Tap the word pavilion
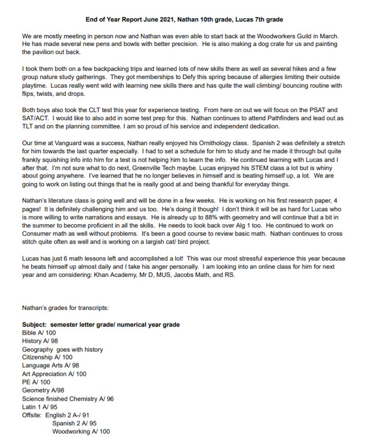42,52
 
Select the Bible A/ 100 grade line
39,333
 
